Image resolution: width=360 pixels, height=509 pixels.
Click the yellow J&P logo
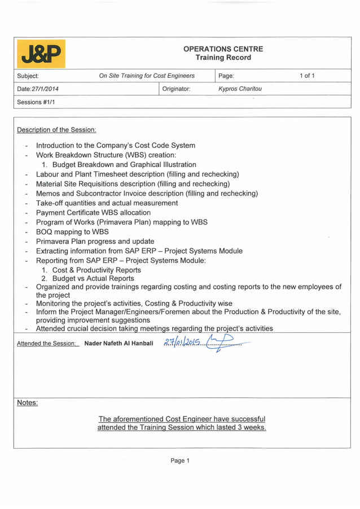pyautogui.click(x=42, y=54)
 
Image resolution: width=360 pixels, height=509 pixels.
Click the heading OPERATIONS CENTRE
pyautogui.click(x=223, y=49)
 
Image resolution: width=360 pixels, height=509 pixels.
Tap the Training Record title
pyautogui.click(x=223, y=58)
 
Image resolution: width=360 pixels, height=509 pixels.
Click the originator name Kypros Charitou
pyautogui.click(x=240, y=89)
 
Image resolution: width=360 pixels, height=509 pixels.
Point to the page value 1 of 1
pyautogui.click(x=307, y=76)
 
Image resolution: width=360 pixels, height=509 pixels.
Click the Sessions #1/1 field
pyautogui.click(x=36, y=102)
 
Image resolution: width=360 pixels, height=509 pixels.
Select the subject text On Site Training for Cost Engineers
pyautogui.click(x=147, y=76)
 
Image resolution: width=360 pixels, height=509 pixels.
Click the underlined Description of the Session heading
pyautogui.click(x=56, y=130)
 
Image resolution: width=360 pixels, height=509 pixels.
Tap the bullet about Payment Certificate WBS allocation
pyautogui.click(x=93, y=213)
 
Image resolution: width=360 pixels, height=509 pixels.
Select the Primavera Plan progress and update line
pyautogui.click(x=95, y=242)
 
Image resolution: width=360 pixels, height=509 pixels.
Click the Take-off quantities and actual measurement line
pyautogui.click(x=107, y=203)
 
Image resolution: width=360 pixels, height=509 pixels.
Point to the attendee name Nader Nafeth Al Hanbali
pyautogui.click(x=118, y=343)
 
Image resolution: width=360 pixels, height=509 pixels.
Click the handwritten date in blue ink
pyautogui.click(x=182, y=342)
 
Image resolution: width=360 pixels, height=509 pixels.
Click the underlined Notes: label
pyautogui.click(x=27, y=403)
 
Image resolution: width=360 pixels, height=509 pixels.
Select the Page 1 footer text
pyautogui.click(x=180, y=461)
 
